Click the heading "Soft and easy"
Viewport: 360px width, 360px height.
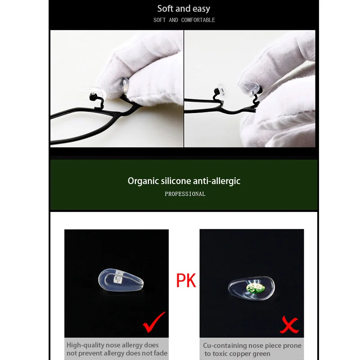[x=184, y=9]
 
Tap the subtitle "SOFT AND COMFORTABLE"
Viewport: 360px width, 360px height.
[x=184, y=20]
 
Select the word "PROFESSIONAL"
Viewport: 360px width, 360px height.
[x=185, y=194]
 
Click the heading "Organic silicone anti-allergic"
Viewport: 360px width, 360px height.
[x=184, y=181]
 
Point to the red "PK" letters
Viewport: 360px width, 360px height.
[x=186, y=280]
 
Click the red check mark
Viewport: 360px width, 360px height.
[x=154, y=322]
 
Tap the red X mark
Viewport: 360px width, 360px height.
[x=289, y=324]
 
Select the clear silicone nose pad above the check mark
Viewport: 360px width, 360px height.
[x=121, y=280]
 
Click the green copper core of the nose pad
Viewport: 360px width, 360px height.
[x=255, y=288]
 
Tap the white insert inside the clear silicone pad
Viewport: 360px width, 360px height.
[x=118, y=277]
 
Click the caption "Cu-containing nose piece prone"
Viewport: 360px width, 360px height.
[x=252, y=346]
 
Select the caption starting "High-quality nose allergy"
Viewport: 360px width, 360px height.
[x=117, y=349]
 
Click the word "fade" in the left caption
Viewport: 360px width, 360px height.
[x=161, y=353]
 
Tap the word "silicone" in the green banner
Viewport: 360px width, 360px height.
[x=176, y=181]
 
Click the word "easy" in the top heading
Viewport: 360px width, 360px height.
[x=201, y=9]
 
